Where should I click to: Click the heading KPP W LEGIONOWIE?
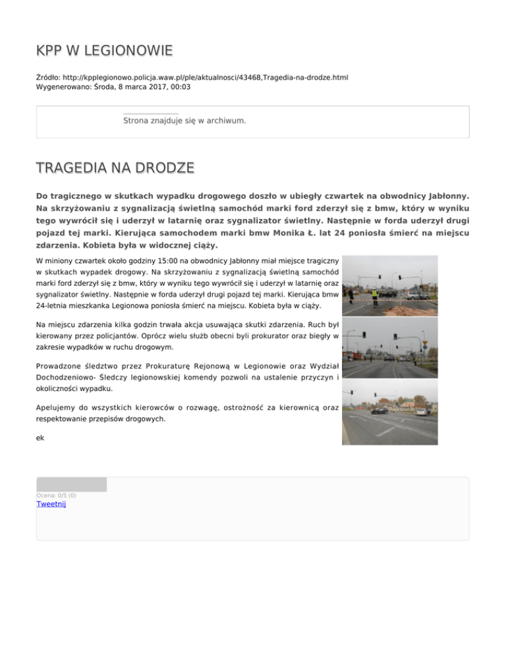coord(105,50)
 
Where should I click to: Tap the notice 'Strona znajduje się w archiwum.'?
coord(184,121)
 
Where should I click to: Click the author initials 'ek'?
coord(40,436)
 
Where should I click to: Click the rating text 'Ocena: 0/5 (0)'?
coord(57,496)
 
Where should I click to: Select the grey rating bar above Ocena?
coord(71,484)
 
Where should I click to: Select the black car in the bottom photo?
coord(379,410)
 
